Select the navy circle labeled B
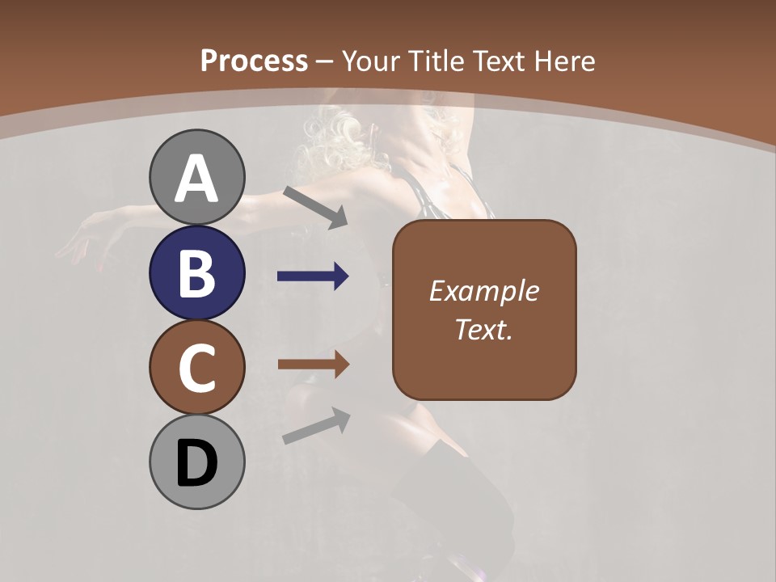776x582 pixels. pyautogui.click(x=196, y=272)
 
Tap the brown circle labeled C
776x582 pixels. pyautogui.click(x=196, y=367)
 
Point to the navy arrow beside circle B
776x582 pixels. pyautogui.click(x=313, y=276)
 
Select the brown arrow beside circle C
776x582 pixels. pyautogui.click(x=313, y=365)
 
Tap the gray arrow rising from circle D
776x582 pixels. pyautogui.click(x=316, y=426)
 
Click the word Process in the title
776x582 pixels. pyautogui.click(x=254, y=61)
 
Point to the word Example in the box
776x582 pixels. pyautogui.click(x=483, y=291)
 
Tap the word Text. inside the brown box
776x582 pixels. pyautogui.click(x=483, y=329)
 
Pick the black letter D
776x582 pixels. pyautogui.click(x=196, y=464)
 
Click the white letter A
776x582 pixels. pyautogui.click(x=196, y=179)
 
